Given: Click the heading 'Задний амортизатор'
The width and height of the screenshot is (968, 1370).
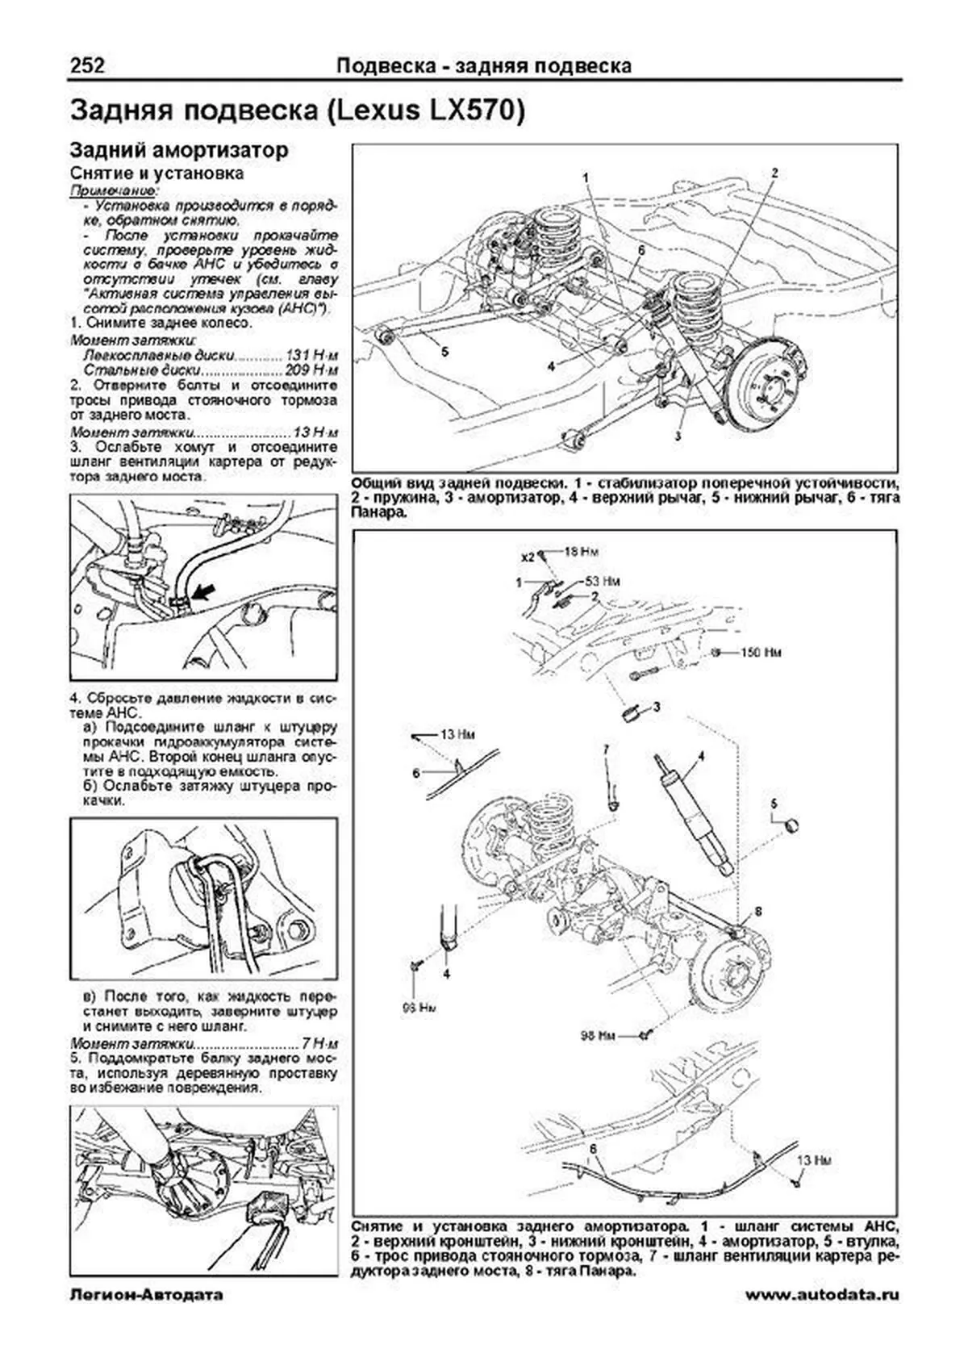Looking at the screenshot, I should pos(178,150).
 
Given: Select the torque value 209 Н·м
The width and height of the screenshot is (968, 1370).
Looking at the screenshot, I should pos(312,370).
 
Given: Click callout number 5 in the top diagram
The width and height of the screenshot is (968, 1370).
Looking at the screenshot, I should pos(444,353).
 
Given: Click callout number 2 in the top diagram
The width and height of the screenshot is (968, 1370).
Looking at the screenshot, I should pos(774,173).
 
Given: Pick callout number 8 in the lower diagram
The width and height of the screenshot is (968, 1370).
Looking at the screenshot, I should pos(757,912).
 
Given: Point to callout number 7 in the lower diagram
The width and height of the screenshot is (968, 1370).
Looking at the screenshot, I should pos(605,750).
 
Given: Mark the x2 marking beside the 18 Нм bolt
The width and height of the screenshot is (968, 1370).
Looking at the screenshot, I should pos(528,556).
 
